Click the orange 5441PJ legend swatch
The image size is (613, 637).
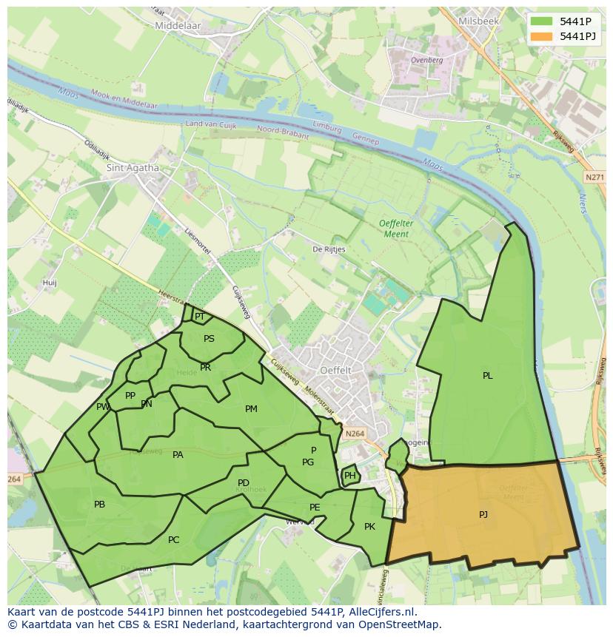click(x=541, y=36)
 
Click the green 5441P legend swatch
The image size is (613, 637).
click(x=541, y=21)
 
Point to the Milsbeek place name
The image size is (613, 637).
click(x=478, y=21)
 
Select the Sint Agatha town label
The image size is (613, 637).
click(x=133, y=167)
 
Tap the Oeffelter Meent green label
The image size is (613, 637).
click(x=394, y=229)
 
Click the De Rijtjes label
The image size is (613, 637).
click(x=329, y=249)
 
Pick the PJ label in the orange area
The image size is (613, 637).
click(x=483, y=514)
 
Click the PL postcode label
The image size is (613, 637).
click(x=487, y=376)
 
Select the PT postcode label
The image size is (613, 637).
click(x=199, y=317)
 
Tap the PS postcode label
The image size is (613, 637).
click(x=209, y=339)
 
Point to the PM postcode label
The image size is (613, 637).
click(x=251, y=409)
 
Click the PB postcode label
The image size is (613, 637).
click(x=99, y=505)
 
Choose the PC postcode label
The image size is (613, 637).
click(x=173, y=540)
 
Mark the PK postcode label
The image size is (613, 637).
click(x=369, y=527)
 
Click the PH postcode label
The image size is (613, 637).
click(x=349, y=476)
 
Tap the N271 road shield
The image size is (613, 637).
click(x=594, y=178)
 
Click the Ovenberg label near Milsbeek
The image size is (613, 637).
click(x=426, y=60)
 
